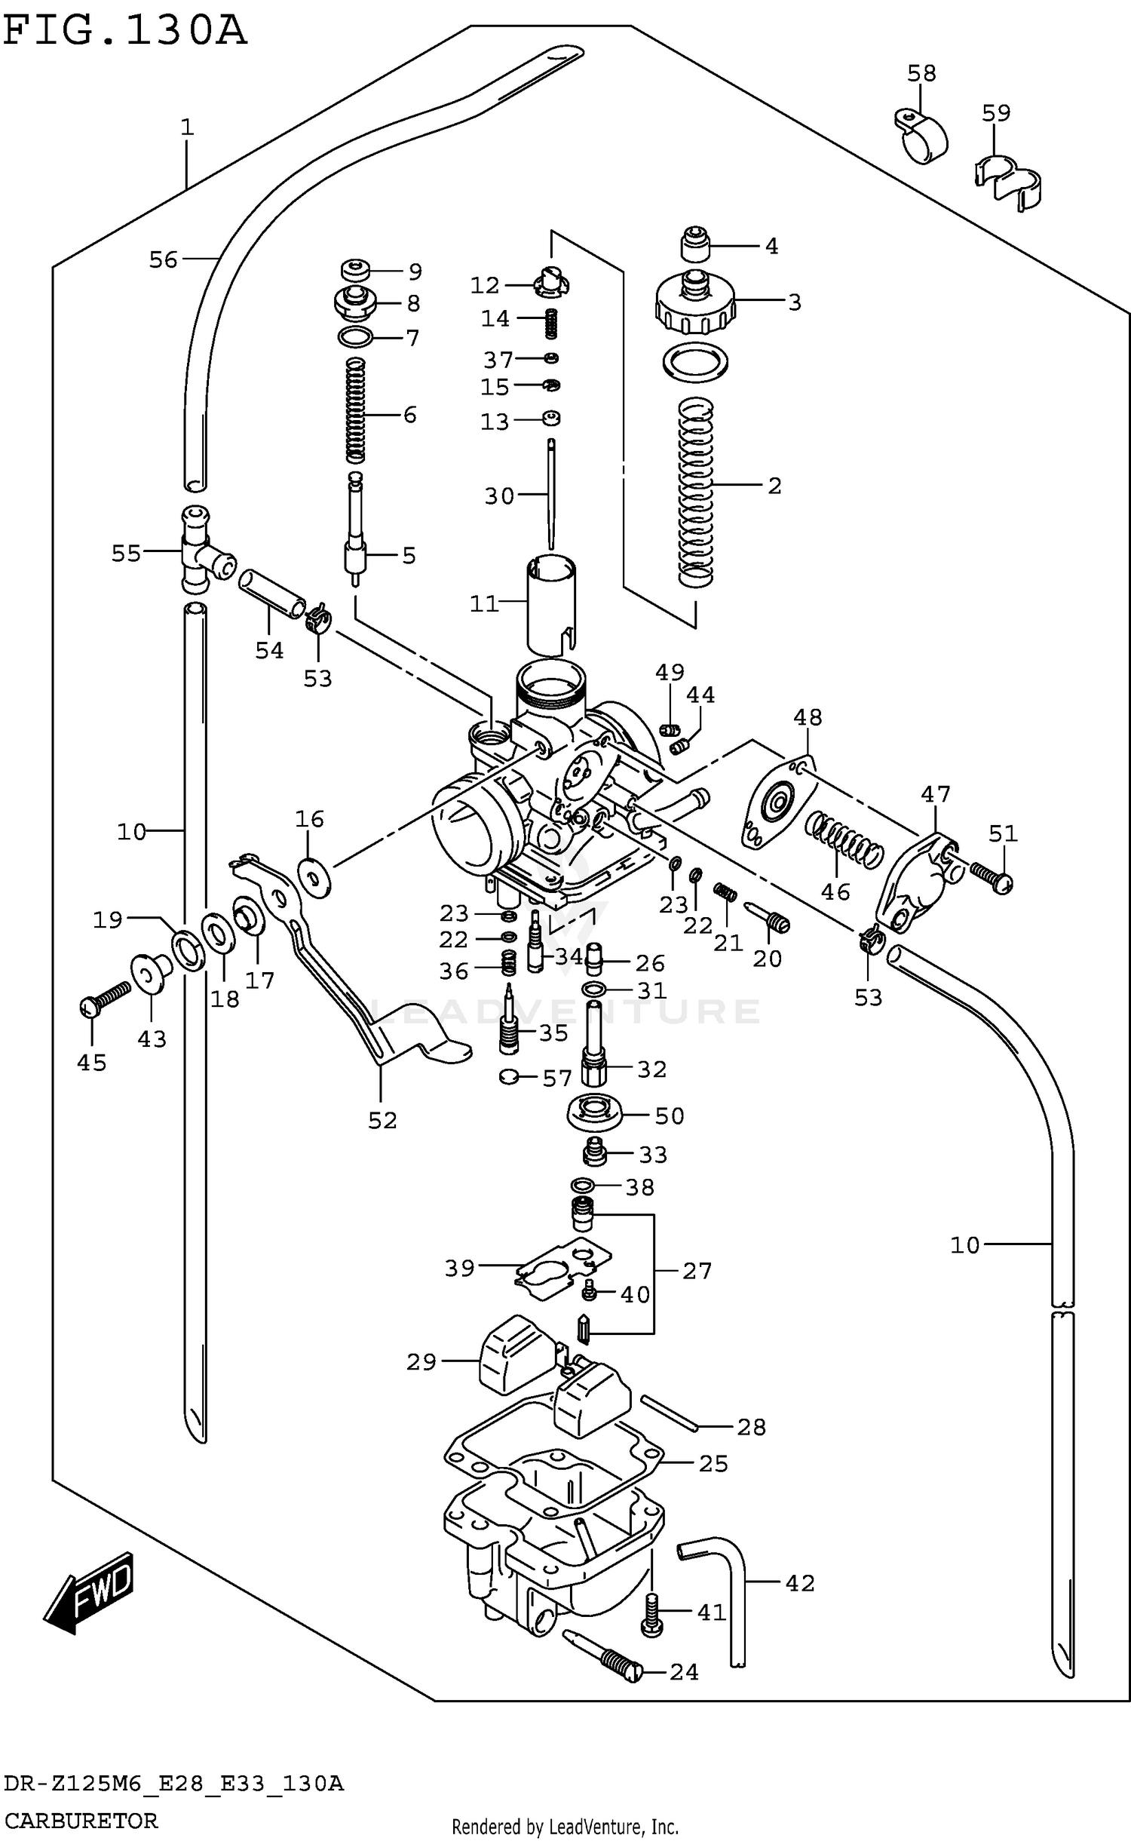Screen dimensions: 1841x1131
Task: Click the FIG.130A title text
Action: [x=124, y=32]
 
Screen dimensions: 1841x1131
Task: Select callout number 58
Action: [x=921, y=73]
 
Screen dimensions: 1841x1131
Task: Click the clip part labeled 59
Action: [x=1007, y=183]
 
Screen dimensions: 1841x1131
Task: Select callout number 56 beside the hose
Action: [x=163, y=260]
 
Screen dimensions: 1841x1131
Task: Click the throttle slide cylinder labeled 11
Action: [x=551, y=603]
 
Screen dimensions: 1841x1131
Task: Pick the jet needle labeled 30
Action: [x=551, y=493]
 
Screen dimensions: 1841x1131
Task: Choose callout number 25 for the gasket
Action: [x=713, y=1464]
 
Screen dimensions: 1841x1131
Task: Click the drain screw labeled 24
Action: [x=603, y=1655]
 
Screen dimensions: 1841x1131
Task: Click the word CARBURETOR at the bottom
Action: [x=81, y=1821]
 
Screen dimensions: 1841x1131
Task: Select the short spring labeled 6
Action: [x=356, y=411]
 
